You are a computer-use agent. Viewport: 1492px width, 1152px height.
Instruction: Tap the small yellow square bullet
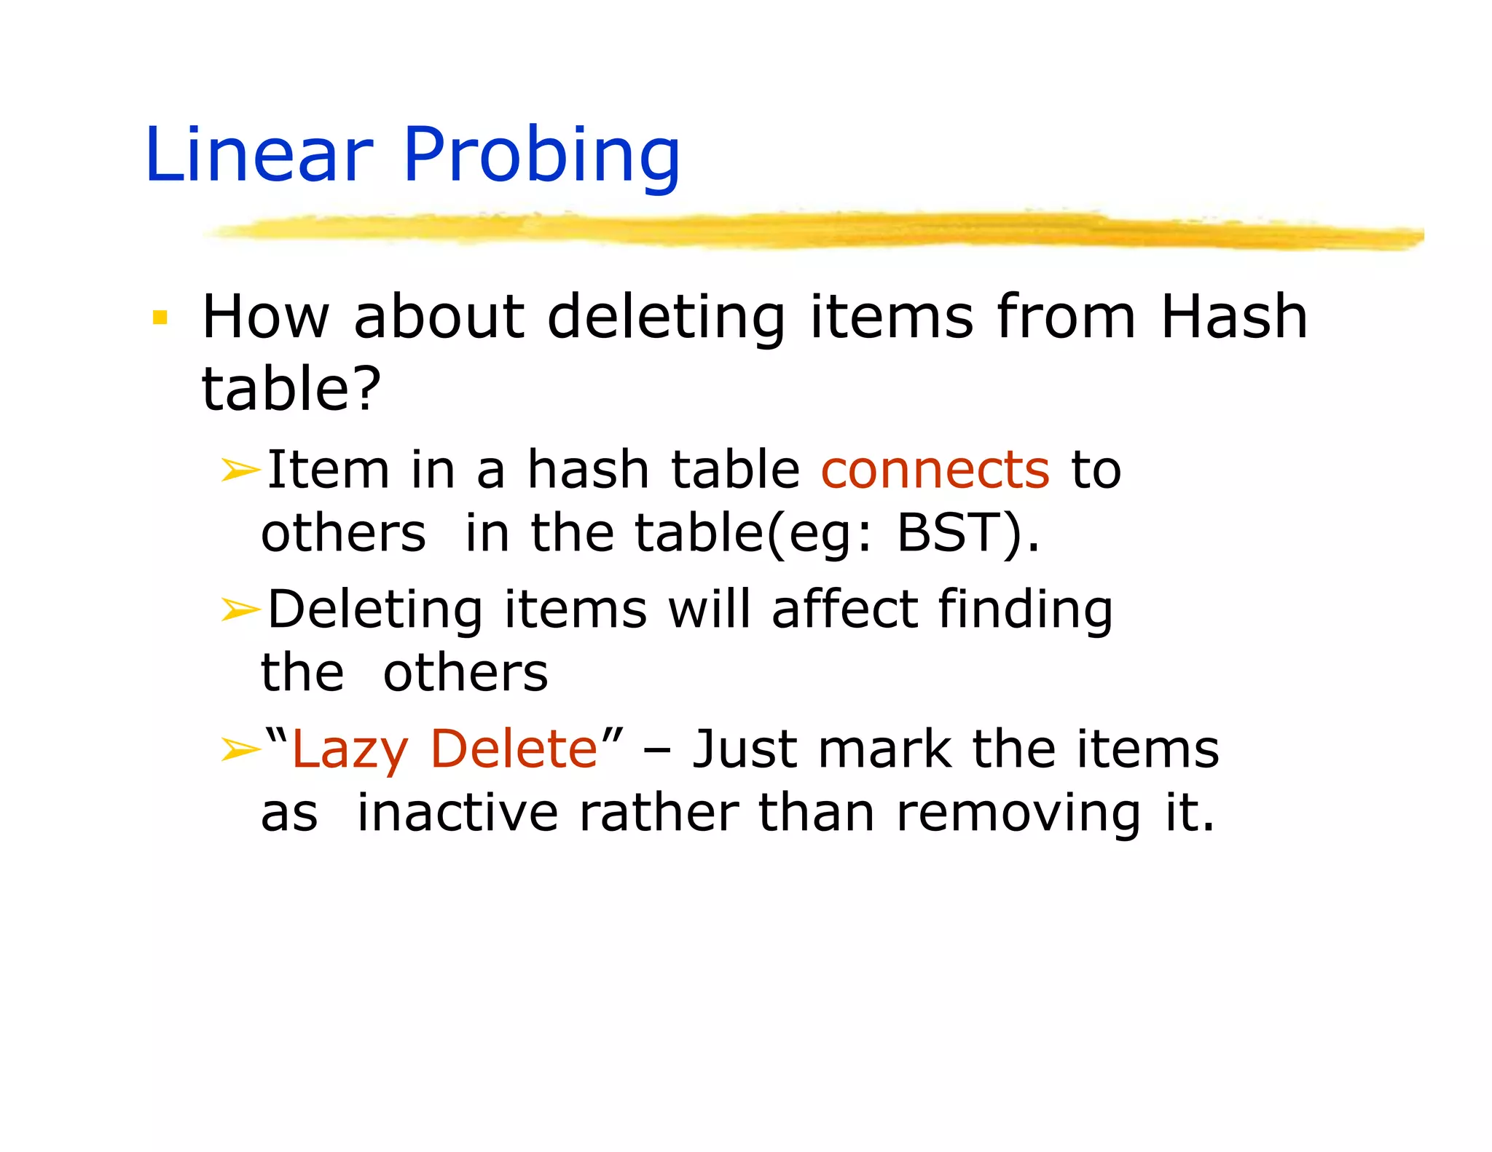pos(160,318)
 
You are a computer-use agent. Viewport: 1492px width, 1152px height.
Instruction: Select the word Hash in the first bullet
pos(1233,317)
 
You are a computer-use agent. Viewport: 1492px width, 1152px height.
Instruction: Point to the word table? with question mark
pos(291,387)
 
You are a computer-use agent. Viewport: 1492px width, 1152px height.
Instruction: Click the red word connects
pos(935,469)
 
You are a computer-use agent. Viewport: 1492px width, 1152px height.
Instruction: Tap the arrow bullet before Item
pos(240,470)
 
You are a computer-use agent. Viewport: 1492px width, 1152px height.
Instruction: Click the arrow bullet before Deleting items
pos(240,609)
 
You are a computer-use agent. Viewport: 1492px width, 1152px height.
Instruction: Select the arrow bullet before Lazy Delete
pos(240,749)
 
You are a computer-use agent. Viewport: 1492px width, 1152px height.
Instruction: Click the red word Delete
pos(514,749)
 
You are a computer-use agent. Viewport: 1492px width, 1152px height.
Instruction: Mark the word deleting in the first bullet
pos(666,318)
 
